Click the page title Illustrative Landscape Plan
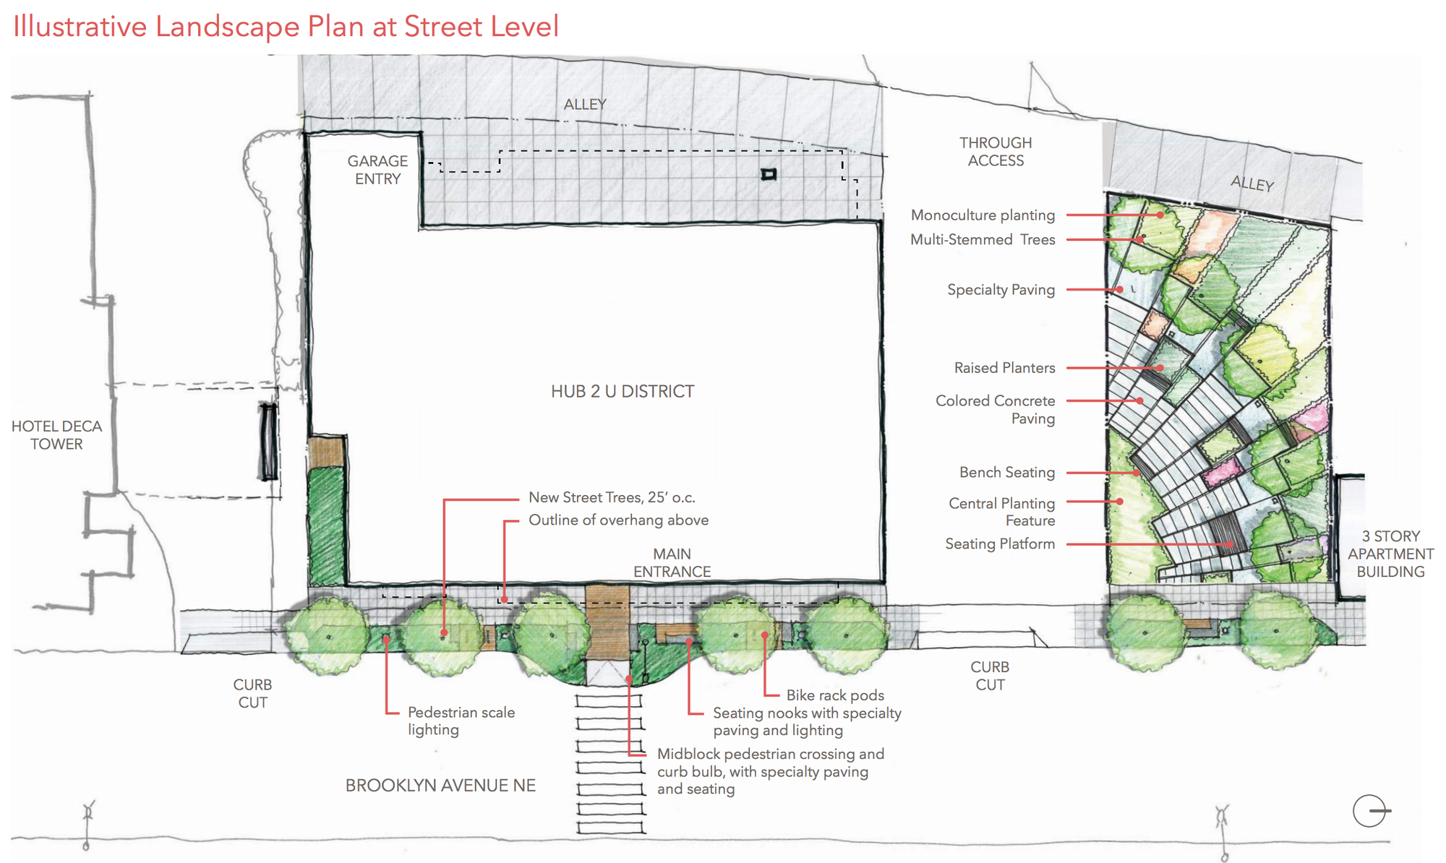[x=286, y=27]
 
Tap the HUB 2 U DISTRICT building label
[x=622, y=391]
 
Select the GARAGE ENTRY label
[x=377, y=170]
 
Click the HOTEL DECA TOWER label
[x=56, y=435]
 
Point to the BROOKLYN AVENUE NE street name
[x=440, y=786]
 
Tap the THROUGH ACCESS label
[x=996, y=152]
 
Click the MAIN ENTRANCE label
[x=672, y=562]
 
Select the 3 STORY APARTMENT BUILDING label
[x=1390, y=554]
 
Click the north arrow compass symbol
[x=1370, y=811]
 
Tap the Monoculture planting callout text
[x=983, y=215]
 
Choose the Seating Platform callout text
[x=1000, y=544]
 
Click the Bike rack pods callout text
[x=835, y=695]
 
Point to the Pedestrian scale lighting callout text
[x=461, y=721]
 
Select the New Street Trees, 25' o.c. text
[x=612, y=497]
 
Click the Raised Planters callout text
[x=1004, y=368]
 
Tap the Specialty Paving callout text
[x=1001, y=290]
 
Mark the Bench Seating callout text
[x=1007, y=473]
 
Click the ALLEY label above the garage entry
[x=585, y=105]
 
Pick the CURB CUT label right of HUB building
[x=990, y=676]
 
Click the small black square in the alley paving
[x=769, y=174]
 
